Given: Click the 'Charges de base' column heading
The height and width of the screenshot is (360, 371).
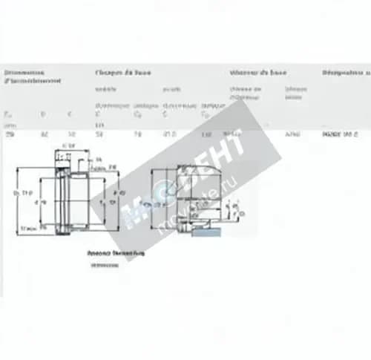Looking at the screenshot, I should (122, 73).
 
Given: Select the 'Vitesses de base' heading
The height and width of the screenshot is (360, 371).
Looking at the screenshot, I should (257, 73).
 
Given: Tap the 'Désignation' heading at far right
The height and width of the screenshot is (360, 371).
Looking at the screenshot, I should (346, 73).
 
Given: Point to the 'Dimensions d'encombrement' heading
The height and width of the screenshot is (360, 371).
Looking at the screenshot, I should (32, 76).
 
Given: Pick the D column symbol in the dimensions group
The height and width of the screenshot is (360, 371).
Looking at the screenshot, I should (43, 114).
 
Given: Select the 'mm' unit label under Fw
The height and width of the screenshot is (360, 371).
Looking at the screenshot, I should (8, 125).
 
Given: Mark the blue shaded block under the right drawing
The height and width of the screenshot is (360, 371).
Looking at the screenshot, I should (206, 232).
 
